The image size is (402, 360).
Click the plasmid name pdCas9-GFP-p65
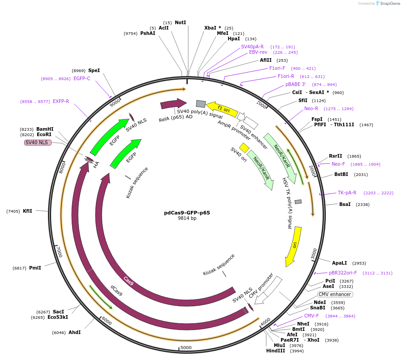[187, 213]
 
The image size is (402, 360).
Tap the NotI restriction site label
[180, 22]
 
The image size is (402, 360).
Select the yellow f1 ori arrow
[221, 109]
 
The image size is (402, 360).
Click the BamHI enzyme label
[45, 129]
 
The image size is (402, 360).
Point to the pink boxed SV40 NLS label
[38, 142]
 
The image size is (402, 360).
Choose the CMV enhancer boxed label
[335, 294]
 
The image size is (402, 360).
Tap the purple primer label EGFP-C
[82, 79]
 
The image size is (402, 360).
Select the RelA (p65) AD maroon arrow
[173, 104]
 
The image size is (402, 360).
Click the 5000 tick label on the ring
[186, 347]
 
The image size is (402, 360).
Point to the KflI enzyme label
[28, 211]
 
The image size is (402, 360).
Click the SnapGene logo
[388, 4]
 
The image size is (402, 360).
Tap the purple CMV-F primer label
[311, 316]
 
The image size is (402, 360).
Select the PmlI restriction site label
[35, 268]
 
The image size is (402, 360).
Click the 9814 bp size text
[187, 219]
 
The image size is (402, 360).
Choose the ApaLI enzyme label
[339, 263]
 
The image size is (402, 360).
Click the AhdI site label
[74, 332]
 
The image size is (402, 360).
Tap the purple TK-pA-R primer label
[347, 193]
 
